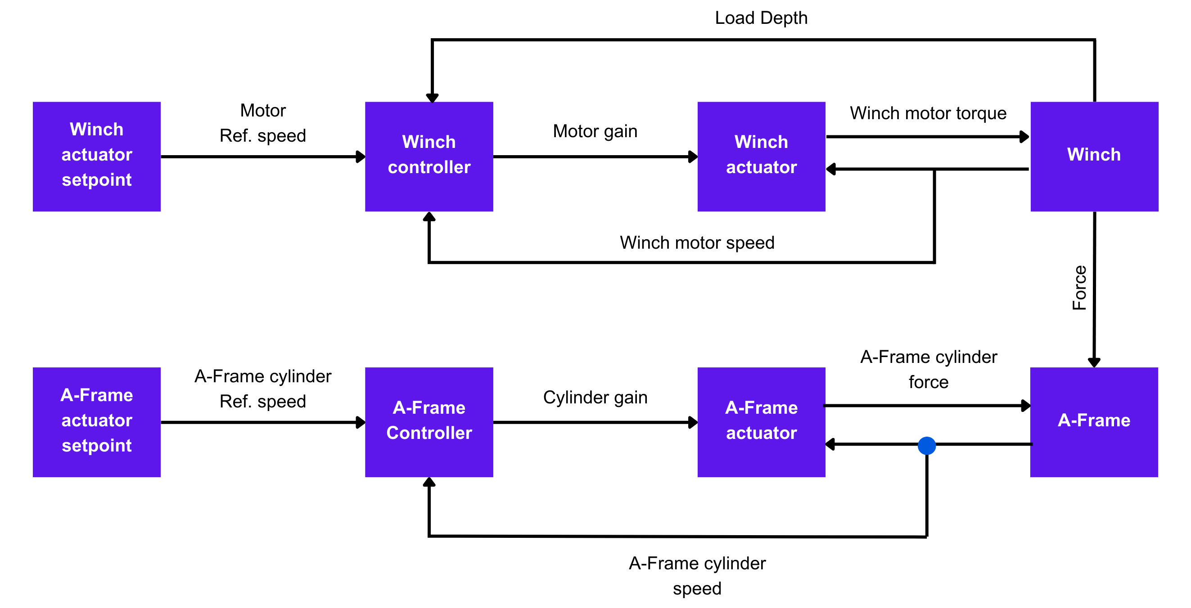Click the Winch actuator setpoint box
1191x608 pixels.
pos(97,156)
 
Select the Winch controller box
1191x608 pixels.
pos(429,156)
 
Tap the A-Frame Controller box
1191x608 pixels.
pos(429,422)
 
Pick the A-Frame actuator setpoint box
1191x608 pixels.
pos(97,422)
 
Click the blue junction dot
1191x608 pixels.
pos(926,445)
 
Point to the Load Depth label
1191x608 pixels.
pos(761,18)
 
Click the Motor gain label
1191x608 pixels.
pos(595,131)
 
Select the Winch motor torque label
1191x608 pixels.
pos(928,113)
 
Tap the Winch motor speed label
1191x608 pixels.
pos(697,242)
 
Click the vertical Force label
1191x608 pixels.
pos(1079,287)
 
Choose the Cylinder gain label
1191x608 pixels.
pos(595,398)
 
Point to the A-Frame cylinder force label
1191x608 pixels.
pos(929,369)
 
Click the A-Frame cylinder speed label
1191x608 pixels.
pos(697,576)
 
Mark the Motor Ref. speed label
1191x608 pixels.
pos(262,123)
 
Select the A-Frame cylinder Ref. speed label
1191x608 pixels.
pos(262,389)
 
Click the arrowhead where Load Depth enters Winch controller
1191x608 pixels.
pos(432,98)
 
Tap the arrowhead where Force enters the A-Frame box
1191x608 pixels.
pos(1093,362)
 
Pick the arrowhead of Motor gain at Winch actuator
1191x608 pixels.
pos(693,156)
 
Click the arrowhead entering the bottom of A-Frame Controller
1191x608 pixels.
pos(429,483)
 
